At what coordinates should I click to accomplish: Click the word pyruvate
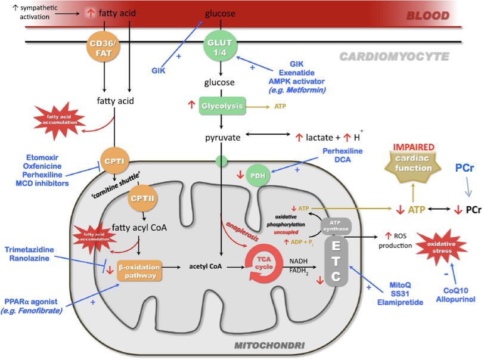pos(220,137)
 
